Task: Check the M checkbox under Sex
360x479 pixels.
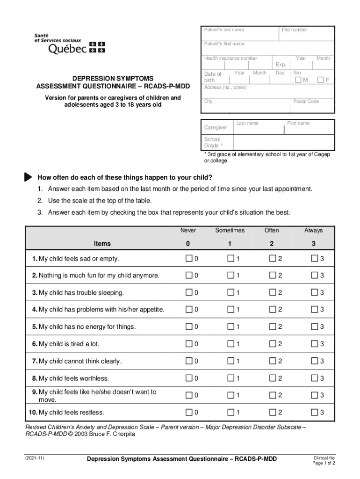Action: click(298, 80)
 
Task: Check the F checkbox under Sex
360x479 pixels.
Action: click(321, 80)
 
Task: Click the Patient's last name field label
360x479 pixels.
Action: click(223, 30)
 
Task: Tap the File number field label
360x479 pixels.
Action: click(295, 30)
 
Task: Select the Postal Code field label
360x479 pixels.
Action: click(306, 102)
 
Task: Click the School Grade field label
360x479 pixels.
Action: click(212, 142)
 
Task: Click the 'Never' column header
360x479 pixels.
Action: click(188, 230)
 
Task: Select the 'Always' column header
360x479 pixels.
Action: click(313, 230)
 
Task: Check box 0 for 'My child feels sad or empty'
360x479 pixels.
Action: click(188, 259)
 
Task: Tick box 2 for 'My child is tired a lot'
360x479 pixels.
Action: click(272, 344)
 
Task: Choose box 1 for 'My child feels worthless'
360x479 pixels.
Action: click(230, 378)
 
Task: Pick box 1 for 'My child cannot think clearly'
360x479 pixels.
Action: click(230, 361)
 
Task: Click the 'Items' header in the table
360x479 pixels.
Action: click(102, 244)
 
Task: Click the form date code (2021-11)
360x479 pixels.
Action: click(35, 458)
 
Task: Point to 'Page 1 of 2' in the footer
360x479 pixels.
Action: click(324, 463)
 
